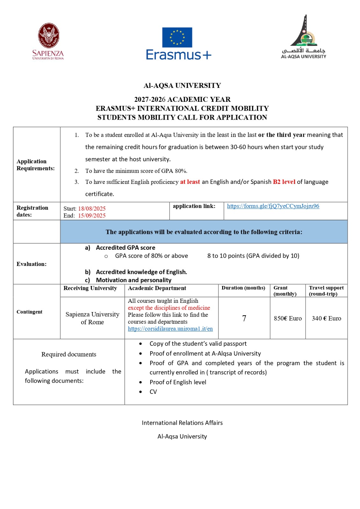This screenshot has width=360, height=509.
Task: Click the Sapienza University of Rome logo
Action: pyautogui.click(x=48, y=41)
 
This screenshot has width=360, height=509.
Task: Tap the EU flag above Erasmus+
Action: pyautogui.click(x=177, y=37)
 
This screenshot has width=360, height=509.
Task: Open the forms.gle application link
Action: pyautogui.click(x=273, y=206)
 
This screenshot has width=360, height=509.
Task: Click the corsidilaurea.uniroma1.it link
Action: pyautogui.click(x=170, y=329)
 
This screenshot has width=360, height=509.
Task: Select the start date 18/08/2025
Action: pyautogui.click(x=92, y=209)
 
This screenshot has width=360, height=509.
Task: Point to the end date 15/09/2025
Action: pyautogui.click(x=92, y=216)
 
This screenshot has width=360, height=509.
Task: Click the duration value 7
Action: pyautogui.click(x=244, y=318)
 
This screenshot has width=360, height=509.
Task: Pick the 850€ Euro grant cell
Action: pyautogui.click(x=288, y=318)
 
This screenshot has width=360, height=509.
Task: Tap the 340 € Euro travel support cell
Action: pyautogui.click(x=326, y=318)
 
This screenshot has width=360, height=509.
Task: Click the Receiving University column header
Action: pyautogui.click(x=90, y=288)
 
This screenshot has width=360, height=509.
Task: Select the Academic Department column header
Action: pyautogui.click(x=157, y=288)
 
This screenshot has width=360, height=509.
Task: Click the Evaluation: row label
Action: pyautogui.click(x=32, y=264)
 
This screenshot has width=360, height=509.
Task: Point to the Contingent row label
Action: pyautogui.click(x=29, y=312)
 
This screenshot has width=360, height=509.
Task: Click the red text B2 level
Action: pyautogui.click(x=284, y=182)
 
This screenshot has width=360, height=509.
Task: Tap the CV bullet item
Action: pyautogui.click(x=153, y=392)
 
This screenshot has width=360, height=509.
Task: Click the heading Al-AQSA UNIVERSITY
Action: pyautogui.click(x=182, y=86)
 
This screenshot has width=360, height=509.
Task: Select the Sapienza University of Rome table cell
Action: pyautogui.click(x=92, y=318)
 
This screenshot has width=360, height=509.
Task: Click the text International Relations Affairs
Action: pyautogui.click(x=182, y=423)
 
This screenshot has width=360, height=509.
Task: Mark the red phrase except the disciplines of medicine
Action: pyautogui.click(x=169, y=308)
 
